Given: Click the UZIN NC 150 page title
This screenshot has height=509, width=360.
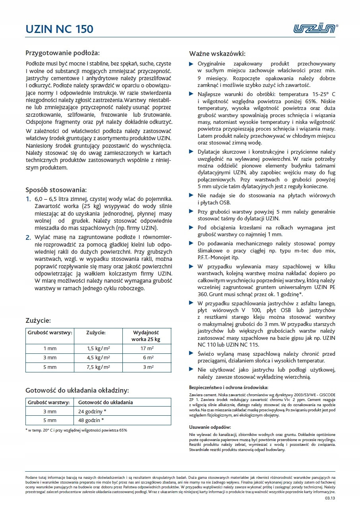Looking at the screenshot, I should (60, 29).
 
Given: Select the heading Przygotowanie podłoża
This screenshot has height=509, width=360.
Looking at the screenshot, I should (62, 53).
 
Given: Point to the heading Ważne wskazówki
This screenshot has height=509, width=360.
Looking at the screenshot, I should (217, 54).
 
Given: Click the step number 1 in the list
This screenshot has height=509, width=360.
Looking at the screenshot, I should (28, 199).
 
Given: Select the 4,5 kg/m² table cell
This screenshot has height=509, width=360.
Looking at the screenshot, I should (98, 358).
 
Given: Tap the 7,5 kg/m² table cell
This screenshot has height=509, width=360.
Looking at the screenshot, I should (98, 367).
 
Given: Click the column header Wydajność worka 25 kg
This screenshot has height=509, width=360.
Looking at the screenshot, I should (145, 336).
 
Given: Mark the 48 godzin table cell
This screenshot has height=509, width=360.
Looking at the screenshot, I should (91, 420).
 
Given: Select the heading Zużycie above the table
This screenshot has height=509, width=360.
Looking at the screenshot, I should (38, 320).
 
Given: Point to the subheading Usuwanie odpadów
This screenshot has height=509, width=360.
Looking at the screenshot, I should (210, 427).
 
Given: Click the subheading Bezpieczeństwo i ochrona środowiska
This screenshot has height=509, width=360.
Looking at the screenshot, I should (228, 387).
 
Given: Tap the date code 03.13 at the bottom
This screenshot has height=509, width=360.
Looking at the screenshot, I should (330, 497).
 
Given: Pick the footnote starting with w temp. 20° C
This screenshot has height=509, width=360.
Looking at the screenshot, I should (76, 430).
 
